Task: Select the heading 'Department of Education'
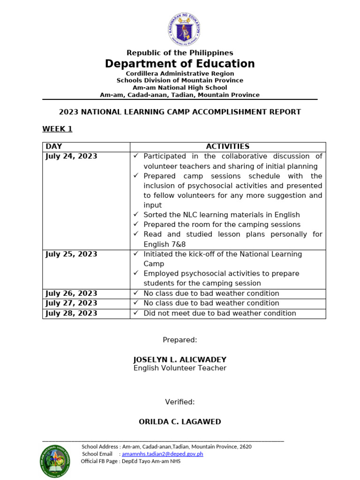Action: click(x=180, y=64)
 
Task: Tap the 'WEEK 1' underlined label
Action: click(x=57, y=129)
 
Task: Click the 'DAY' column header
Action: click(x=53, y=147)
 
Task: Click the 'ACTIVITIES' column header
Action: click(x=227, y=147)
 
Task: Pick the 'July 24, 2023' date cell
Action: click(x=71, y=156)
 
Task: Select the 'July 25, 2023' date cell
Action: click(x=71, y=254)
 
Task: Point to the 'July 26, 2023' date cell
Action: click(x=71, y=293)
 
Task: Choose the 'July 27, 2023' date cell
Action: click(x=71, y=303)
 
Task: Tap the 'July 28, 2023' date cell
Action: click(x=71, y=313)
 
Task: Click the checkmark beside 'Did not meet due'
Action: click(x=136, y=313)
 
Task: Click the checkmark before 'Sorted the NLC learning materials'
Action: click(x=136, y=214)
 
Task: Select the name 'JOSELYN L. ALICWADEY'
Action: click(x=180, y=360)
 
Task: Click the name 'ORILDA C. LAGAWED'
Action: click(x=180, y=421)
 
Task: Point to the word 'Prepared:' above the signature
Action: click(x=180, y=340)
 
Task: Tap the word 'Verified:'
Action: click(x=180, y=402)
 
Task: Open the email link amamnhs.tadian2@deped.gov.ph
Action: click(x=162, y=454)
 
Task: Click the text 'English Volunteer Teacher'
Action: click(x=180, y=368)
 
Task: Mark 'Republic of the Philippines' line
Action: click(x=180, y=52)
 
